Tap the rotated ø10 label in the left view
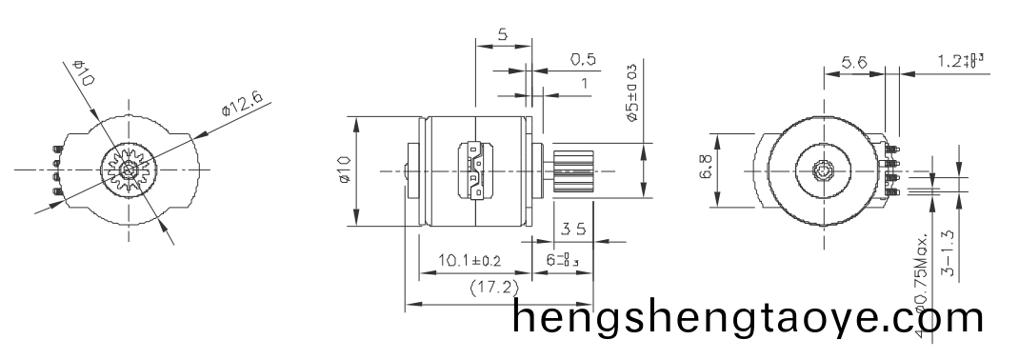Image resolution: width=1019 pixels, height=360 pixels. (x=82, y=73)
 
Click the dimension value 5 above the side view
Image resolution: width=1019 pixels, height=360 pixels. (x=502, y=34)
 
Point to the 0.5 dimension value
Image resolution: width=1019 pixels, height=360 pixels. (x=583, y=59)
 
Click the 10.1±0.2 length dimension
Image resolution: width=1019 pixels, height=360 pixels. (x=470, y=260)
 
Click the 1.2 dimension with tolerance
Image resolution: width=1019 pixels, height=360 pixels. (x=959, y=61)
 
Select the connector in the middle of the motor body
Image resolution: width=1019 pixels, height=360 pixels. (x=476, y=171)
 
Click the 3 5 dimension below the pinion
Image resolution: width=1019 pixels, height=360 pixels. (x=572, y=229)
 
